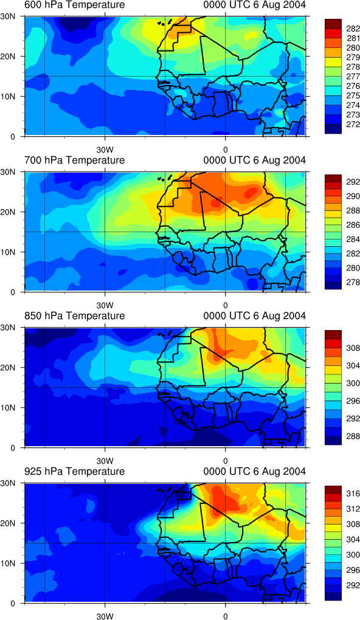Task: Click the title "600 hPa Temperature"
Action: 74,5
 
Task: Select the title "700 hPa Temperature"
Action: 74,160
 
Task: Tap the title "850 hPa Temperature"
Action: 74,316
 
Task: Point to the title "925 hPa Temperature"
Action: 74,471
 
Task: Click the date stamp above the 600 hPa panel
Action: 254,5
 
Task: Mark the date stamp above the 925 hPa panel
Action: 254,471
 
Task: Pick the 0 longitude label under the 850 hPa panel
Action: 225,461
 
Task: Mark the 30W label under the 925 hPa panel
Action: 105,616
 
